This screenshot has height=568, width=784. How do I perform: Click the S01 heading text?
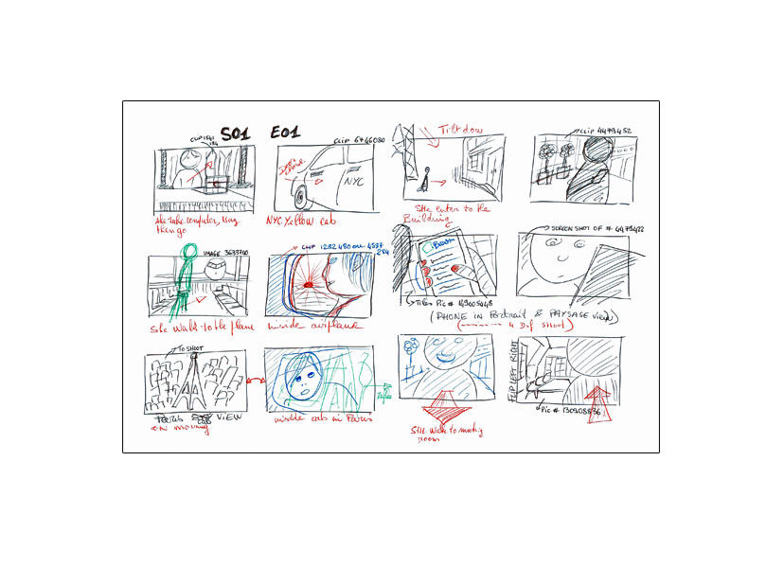click(x=235, y=133)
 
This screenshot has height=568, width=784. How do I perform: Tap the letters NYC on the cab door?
click(x=354, y=180)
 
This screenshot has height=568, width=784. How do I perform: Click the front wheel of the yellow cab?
click(x=302, y=197)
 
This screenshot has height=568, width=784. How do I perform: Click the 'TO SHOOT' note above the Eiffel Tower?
click(x=188, y=348)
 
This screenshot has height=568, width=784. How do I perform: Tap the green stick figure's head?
click(x=189, y=252)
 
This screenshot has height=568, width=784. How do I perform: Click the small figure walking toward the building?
click(x=428, y=177)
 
